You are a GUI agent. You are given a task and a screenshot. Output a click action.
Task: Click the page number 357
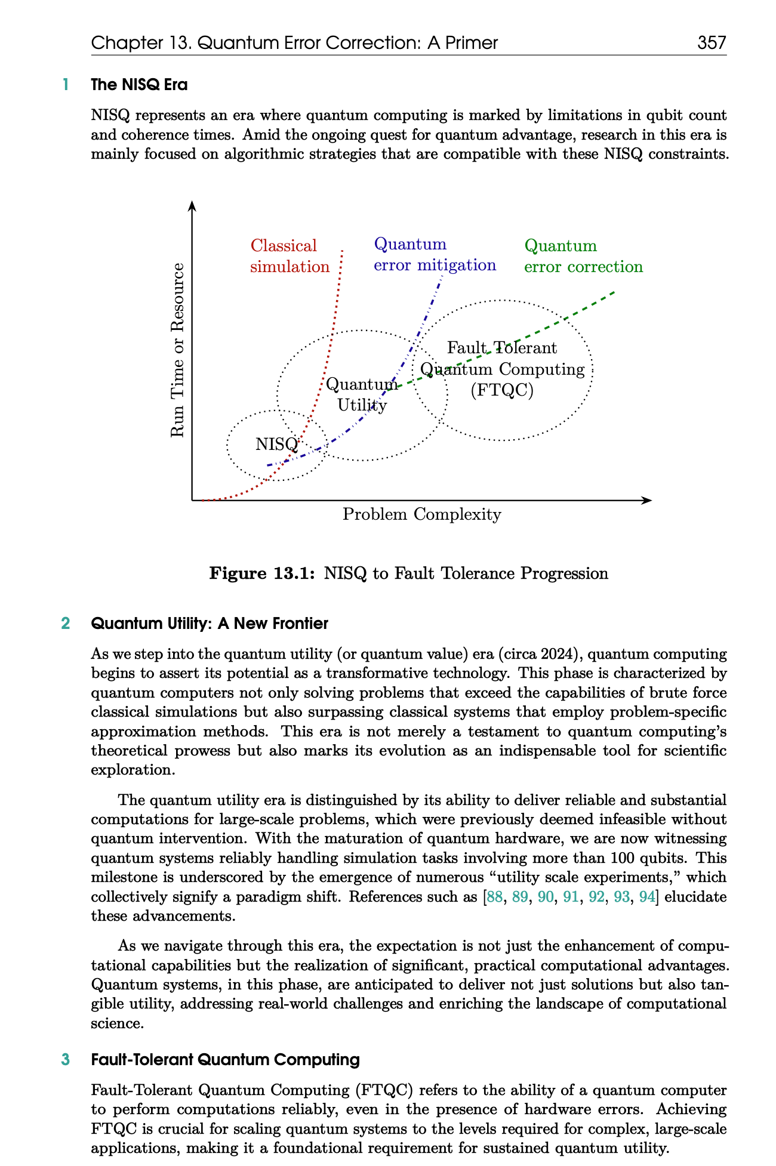pos(712,43)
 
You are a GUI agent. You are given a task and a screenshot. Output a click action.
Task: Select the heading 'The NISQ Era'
pos(139,85)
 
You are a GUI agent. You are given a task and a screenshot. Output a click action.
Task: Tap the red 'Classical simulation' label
pos(290,256)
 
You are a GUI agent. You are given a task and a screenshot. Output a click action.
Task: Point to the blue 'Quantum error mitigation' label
pos(435,255)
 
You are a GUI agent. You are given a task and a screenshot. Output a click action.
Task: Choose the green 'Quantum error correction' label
pos(583,256)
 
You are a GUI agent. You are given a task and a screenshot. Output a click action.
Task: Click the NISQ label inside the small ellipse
pos(276,445)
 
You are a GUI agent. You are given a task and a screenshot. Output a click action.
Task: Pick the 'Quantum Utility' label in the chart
pos(362,394)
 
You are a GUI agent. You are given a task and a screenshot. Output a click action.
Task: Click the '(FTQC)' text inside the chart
pos(501,391)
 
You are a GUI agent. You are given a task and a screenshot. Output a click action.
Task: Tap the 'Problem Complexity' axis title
pos(421,514)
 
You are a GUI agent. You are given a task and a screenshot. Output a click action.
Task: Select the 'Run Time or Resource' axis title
pos(177,350)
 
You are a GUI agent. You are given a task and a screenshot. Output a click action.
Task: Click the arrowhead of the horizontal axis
pos(647,500)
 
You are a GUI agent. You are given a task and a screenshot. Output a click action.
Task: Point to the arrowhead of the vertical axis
pos(192,206)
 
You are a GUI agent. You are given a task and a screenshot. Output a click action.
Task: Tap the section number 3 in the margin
pos(66,1060)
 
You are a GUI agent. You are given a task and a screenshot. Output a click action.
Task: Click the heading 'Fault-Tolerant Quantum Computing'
pos(225,1060)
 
